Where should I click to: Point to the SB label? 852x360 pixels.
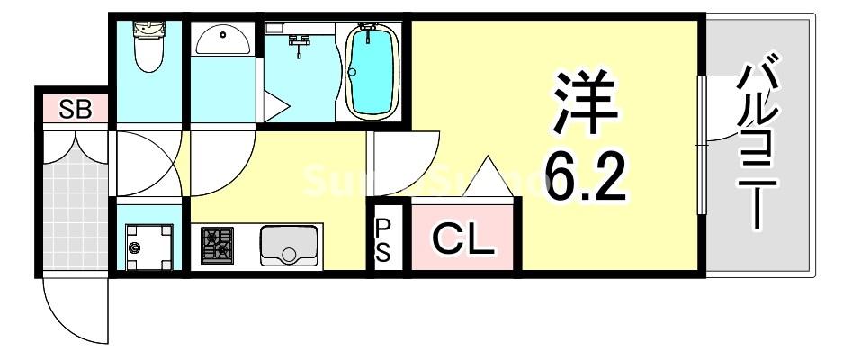click(x=74, y=109)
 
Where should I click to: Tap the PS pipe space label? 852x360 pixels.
click(x=383, y=238)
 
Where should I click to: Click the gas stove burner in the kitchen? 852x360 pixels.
click(x=217, y=246)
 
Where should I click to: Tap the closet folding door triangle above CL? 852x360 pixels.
click(x=486, y=177)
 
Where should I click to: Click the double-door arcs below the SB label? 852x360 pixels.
click(x=74, y=142)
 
